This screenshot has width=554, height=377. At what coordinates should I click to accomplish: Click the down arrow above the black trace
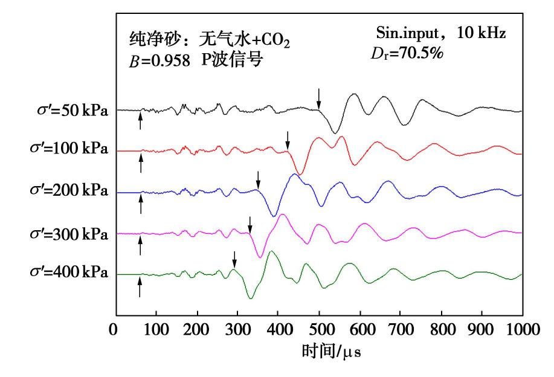pos(319,98)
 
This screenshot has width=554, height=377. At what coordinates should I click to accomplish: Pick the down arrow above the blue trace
pos(258,179)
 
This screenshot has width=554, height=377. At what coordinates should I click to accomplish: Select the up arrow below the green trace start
pos(140,286)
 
